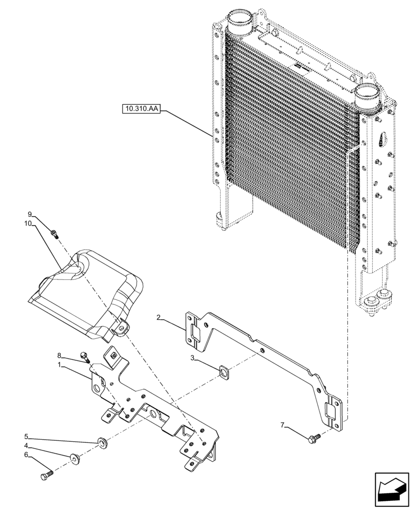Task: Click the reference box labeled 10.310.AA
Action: [x=141, y=108]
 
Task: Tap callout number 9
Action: [x=30, y=214]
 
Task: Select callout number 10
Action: [x=28, y=223]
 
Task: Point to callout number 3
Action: [x=193, y=358]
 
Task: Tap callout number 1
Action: [x=60, y=365]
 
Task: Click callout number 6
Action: [x=26, y=455]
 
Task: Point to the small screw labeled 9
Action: [x=55, y=234]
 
